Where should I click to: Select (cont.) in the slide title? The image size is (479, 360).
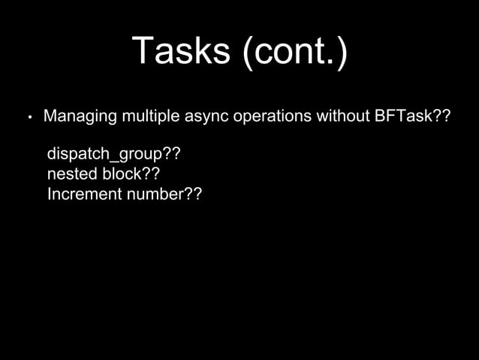tap(294, 53)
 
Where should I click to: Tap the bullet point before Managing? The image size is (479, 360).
tap(29, 119)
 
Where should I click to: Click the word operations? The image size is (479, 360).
tap(266, 117)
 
